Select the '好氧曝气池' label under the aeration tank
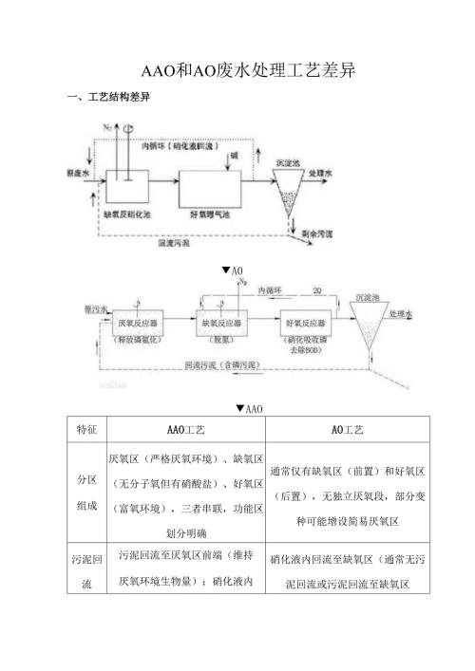(x=210, y=214)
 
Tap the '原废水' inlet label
(x=78, y=176)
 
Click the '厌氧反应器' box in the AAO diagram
(x=133, y=324)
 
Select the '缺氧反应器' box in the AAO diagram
(x=221, y=324)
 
